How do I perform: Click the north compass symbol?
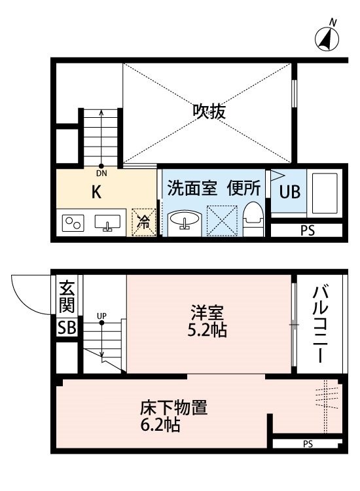coord(327,37)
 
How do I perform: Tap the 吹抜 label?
coord(209,111)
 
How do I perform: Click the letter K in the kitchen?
coord(96,191)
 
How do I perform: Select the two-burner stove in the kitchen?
coord(73,223)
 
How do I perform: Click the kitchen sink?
coord(107,223)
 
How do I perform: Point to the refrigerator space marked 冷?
coord(144,222)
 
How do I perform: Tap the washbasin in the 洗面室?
coord(185,219)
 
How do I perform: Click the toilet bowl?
coord(253,218)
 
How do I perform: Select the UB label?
coord(289,191)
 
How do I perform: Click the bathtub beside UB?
coord(325,192)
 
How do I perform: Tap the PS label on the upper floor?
coord(308,231)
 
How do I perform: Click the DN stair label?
coord(101,173)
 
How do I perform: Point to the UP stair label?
coord(101,316)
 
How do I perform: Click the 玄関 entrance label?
coord(67,296)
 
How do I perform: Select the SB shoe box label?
coord(67,328)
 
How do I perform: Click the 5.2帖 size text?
coord(207,330)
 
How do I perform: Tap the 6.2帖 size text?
coord(160,425)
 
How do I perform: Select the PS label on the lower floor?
coord(308,444)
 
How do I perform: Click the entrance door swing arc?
coord(22,300)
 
